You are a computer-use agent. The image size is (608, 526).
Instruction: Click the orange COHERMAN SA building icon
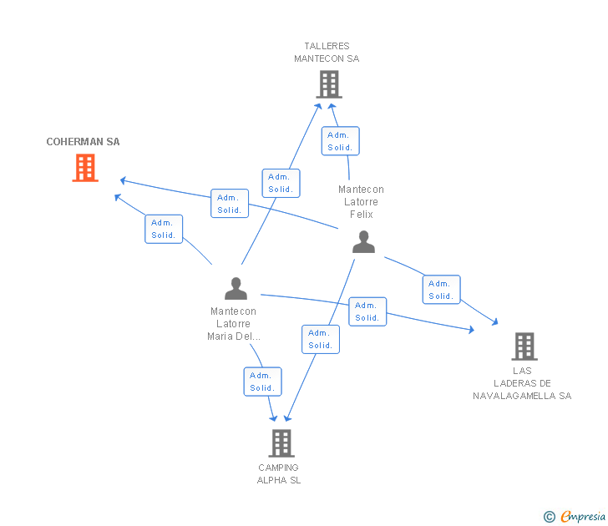tap(84, 168)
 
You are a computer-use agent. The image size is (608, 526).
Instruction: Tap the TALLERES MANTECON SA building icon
tap(329, 84)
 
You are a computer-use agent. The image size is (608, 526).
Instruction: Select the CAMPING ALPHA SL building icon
tap(281, 443)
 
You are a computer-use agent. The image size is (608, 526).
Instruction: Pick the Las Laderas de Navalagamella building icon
tap(524, 346)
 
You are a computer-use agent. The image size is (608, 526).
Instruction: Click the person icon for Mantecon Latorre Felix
tap(363, 242)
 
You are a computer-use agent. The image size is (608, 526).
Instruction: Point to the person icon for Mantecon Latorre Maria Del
tap(236, 288)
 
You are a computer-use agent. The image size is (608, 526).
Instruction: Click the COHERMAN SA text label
tap(83, 142)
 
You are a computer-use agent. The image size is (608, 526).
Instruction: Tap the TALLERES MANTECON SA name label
tap(327, 53)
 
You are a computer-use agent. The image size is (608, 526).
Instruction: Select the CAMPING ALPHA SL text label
tap(278, 473)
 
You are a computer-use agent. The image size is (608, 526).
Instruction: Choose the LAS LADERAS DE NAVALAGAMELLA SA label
tap(522, 383)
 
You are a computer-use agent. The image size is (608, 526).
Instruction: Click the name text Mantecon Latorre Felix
tap(361, 202)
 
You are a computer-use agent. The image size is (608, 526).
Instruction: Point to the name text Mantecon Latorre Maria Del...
tap(234, 324)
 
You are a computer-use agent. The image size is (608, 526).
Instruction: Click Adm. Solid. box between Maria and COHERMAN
tap(163, 229)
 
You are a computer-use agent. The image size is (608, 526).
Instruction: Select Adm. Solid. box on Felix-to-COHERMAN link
tap(229, 204)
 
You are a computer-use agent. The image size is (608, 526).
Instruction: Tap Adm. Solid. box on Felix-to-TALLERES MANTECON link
tap(340, 141)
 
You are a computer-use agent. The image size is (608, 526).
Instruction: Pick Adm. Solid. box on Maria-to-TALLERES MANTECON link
tap(280, 183)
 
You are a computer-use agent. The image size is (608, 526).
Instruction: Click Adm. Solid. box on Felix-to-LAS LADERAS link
tap(440, 290)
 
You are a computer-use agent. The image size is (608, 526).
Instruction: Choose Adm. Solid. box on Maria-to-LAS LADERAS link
tap(367, 311)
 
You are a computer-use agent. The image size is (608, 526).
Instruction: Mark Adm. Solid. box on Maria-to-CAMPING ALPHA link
tap(261, 382)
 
